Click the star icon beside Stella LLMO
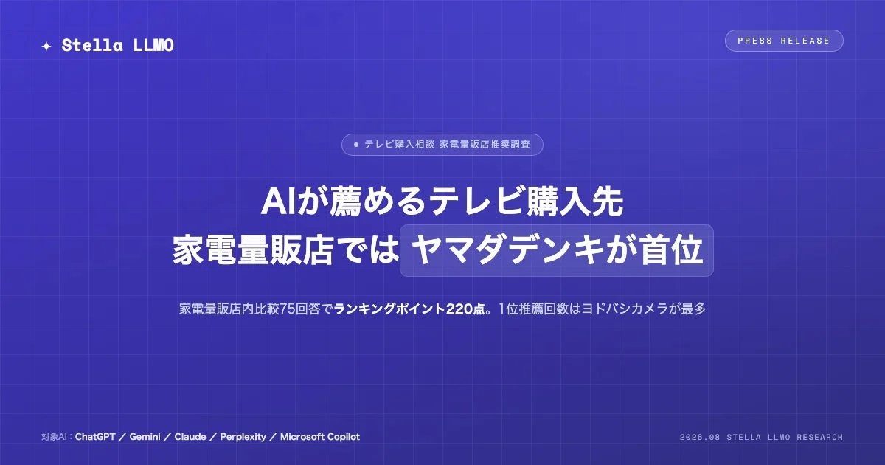click(x=46, y=46)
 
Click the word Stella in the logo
click(x=92, y=46)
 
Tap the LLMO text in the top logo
click(x=153, y=46)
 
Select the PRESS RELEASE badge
click(x=784, y=41)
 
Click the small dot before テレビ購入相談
click(x=356, y=145)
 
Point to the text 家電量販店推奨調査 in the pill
click(x=485, y=145)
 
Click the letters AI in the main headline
click(x=278, y=201)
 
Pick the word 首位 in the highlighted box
click(x=672, y=250)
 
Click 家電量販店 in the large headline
click(x=252, y=250)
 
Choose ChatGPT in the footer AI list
click(x=95, y=437)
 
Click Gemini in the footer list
click(x=145, y=437)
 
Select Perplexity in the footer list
click(x=243, y=437)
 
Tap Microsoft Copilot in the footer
click(x=320, y=437)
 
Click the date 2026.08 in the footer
click(x=700, y=437)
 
